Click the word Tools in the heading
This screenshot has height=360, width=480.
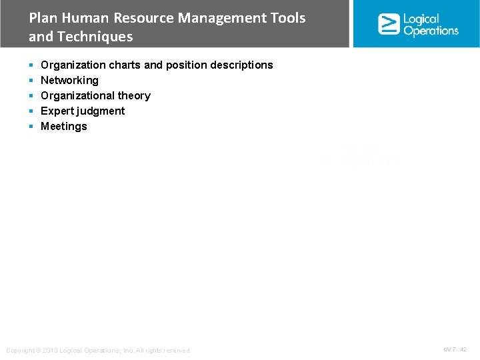[288, 18]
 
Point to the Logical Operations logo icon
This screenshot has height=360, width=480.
[389, 24]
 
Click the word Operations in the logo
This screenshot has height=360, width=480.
[431, 31]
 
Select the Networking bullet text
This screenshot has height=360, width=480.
[69, 80]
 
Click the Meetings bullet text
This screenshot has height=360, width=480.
[64, 126]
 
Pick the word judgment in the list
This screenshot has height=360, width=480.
[101, 111]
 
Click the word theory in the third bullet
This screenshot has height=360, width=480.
[134, 95]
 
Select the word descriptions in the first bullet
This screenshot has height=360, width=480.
[239, 65]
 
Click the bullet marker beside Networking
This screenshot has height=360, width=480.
[31, 81]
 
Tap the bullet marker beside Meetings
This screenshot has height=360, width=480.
[31, 127]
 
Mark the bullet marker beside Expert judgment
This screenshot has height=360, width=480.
[31, 111]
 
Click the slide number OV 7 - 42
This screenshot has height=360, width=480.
[455, 349]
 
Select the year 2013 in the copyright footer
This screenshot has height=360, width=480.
[49, 351]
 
